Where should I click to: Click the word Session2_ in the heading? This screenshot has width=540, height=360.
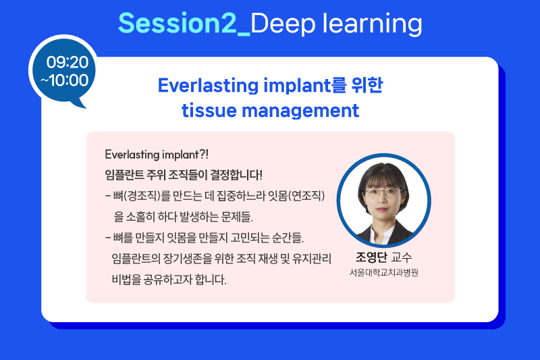(x=184, y=24)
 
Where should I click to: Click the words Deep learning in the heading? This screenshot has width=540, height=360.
(x=336, y=24)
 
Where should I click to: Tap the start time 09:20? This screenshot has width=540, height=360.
(x=67, y=62)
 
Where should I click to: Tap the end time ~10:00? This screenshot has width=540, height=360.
(x=64, y=80)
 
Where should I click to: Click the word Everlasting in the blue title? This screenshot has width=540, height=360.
(x=208, y=85)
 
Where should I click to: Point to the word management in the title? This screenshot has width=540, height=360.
(x=300, y=111)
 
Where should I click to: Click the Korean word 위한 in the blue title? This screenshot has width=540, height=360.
(x=367, y=84)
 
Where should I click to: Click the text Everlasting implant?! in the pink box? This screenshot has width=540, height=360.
(x=157, y=155)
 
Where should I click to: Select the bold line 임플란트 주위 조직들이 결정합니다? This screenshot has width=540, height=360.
(x=184, y=175)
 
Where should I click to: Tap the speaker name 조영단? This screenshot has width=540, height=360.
(x=371, y=257)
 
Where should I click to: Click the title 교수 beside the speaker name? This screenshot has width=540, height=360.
(x=402, y=257)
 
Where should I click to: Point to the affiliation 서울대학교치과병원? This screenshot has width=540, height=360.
(x=383, y=272)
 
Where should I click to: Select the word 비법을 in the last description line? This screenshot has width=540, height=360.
(x=126, y=279)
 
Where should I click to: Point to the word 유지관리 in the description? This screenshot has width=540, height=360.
(x=312, y=259)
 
